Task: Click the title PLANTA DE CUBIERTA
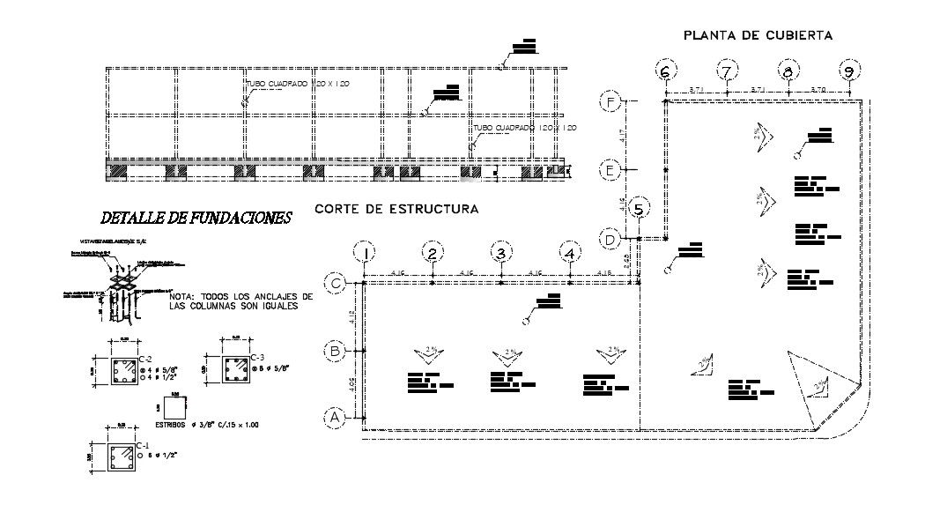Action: coord(758,34)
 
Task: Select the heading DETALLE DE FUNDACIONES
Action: coord(196,217)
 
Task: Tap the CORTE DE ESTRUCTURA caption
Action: coord(396,209)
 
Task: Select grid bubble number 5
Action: coord(640,209)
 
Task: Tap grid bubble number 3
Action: coord(501,254)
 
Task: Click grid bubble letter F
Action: coord(610,103)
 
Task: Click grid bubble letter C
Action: coord(335,284)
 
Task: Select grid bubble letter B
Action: coord(335,351)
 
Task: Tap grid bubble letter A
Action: coord(335,417)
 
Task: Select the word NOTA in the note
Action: coord(182,297)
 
